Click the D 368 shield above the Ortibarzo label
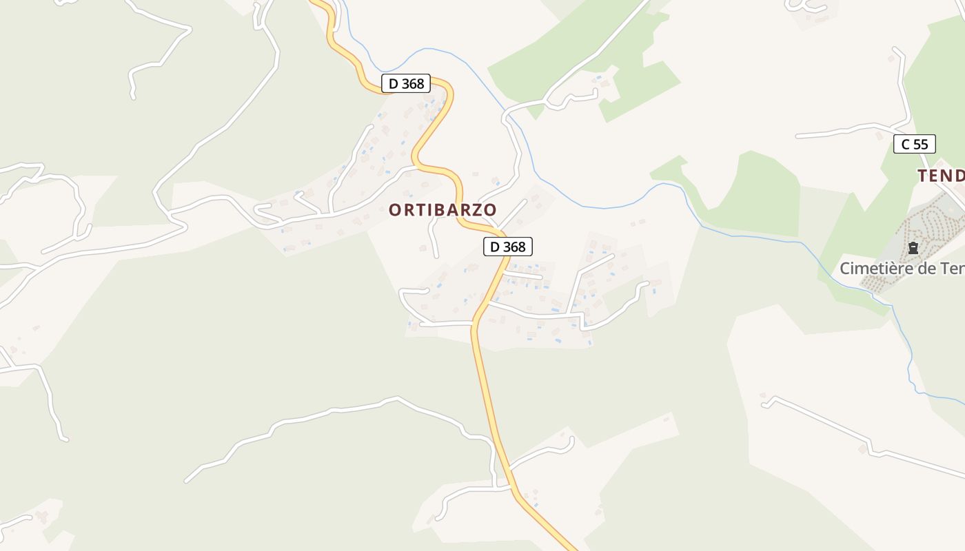[x=406, y=84]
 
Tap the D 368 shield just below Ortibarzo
[x=508, y=247]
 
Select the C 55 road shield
[x=915, y=144]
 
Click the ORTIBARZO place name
[x=443, y=210]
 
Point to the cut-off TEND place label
[x=941, y=176]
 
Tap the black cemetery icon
[x=913, y=248]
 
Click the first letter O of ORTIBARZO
[x=394, y=210]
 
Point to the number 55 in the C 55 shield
[x=922, y=144]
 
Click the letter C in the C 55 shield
[x=905, y=144]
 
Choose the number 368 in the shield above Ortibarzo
[x=413, y=84]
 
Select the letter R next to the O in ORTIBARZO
[x=407, y=210]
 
